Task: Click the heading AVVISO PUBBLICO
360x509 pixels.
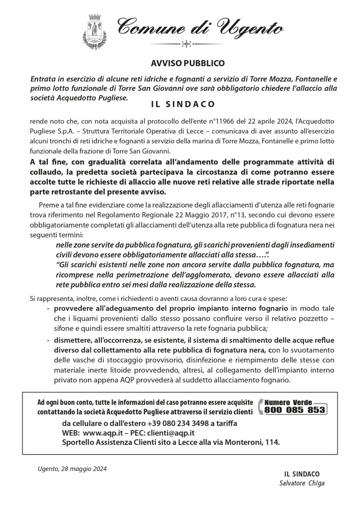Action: (x=187, y=63)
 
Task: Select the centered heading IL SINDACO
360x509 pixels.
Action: (x=183, y=104)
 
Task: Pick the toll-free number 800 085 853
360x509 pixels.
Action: (x=295, y=410)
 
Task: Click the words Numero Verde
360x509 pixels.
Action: (x=285, y=402)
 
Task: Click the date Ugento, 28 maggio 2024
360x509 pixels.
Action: (x=72, y=469)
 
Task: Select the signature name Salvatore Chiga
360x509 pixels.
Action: (x=302, y=483)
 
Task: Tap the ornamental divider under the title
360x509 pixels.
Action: (x=186, y=44)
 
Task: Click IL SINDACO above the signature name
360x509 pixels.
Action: (x=302, y=474)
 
